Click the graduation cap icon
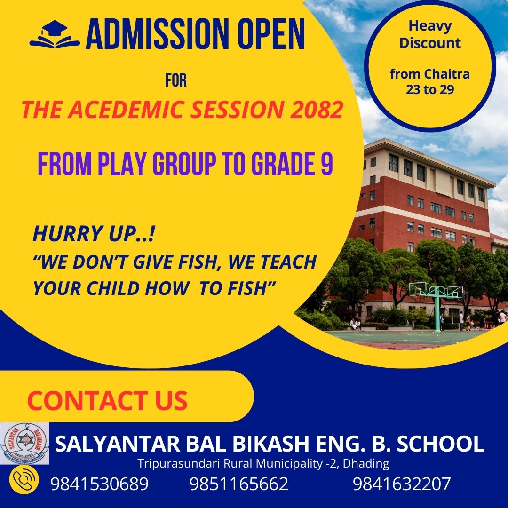(55, 34)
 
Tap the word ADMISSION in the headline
(157, 33)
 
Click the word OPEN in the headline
(271, 33)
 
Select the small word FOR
(176, 80)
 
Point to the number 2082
(316, 109)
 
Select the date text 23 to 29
(430, 89)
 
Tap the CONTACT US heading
(108, 400)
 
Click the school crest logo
(24, 443)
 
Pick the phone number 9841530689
(99, 484)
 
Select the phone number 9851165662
(239, 484)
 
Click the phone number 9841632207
(402, 484)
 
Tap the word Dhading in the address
(366, 464)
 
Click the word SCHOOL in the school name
(440, 444)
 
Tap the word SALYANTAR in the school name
(118, 444)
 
